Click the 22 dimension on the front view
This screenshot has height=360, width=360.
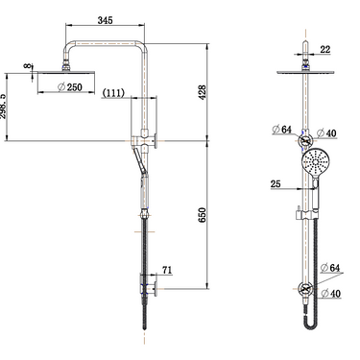[x=324, y=48]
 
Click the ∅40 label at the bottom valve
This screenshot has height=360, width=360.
[x=332, y=297]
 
